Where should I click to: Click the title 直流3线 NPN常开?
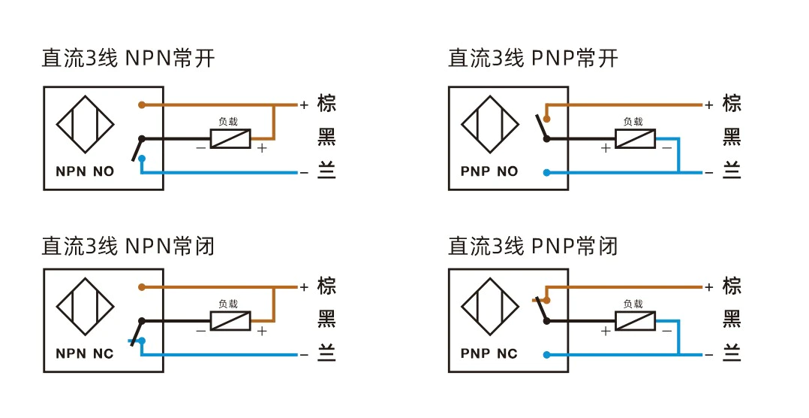tap(128, 58)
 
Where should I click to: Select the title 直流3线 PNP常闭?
tap(533, 246)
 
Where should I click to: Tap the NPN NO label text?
tap(85, 171)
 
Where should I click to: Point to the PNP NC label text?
tap(489, 354)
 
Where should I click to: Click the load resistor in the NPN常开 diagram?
tap(230, 138)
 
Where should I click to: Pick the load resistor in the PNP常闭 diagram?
tap(635, 321)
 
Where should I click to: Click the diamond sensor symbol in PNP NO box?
tap(489, 125)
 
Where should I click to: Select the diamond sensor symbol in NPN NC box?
tap(85, 307)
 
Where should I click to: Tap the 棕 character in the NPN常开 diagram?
tap(326, 103)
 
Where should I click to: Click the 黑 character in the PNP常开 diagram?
tap(732, 137)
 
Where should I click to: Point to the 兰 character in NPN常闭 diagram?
tap(326, 353)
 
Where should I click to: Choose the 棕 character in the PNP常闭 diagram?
tap(732, 286)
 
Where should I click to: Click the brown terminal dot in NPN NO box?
tap(142, 105)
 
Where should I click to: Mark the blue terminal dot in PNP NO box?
tap(547, 173)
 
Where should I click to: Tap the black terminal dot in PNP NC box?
tap(547, 321)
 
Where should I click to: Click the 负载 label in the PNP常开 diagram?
tap(633, 122)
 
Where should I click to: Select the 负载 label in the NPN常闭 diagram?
tap(228, 304)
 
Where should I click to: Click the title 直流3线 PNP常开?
tap(533, 58)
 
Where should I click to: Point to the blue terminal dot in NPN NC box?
tap(142, 341)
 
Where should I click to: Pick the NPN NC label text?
tap(85, 354)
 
